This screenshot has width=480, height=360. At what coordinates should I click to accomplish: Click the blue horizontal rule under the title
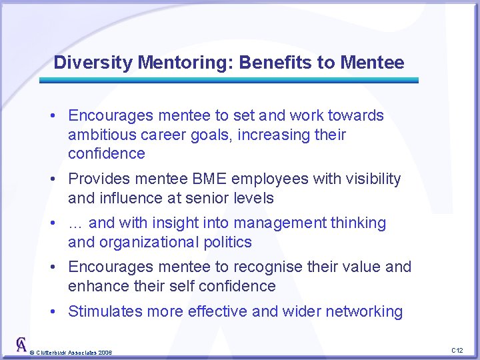pyautogui.click(x=229, y=80)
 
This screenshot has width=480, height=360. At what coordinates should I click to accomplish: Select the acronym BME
pyautogui.click(x=209, y=179)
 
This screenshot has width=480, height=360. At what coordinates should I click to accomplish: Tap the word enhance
pyautogui.click(x=97, y=286)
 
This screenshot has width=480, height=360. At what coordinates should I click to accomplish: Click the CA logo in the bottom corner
pyautogui.click(x=21, y=345)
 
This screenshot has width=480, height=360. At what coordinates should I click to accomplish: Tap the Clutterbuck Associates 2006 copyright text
pyautogui.click(x=72, y=352)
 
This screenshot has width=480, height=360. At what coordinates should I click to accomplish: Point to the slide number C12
pyautogui.click(x=457, y=350)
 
